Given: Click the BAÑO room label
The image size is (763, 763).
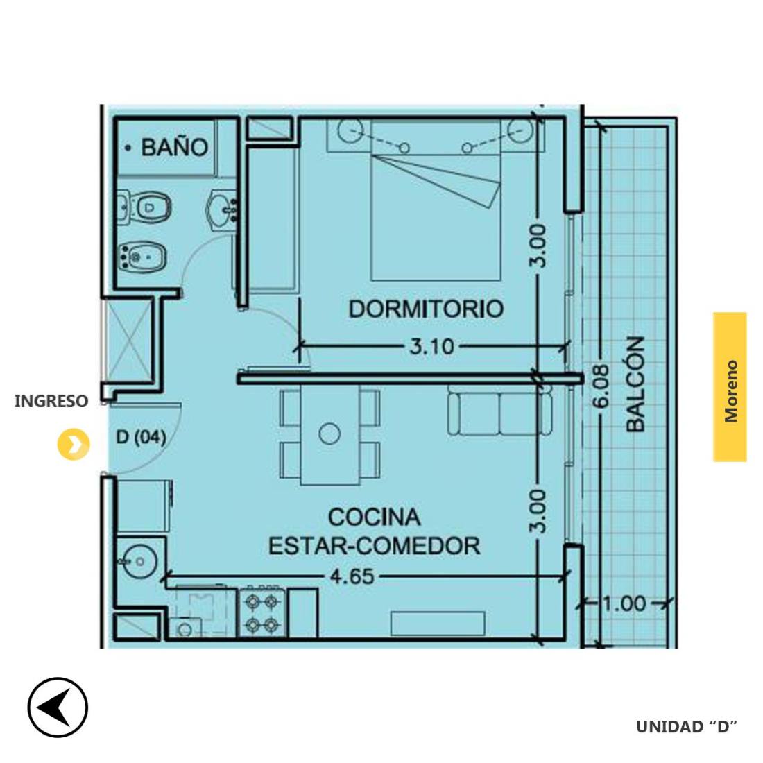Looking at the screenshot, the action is (x=174, y=147).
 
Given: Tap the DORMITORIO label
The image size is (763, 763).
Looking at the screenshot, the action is (x=427, y=309).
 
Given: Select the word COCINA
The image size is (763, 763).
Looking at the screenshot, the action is (x=374, y=517).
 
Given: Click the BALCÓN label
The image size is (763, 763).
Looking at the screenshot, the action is (x=635, y=384).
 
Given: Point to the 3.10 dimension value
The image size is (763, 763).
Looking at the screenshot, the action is (x=431, y=347).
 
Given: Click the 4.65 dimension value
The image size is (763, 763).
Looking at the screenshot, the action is (x=352, y=577).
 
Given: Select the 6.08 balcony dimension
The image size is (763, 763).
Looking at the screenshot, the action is (x=602, y=386).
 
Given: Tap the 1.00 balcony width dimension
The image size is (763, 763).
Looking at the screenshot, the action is (x=625, y=604).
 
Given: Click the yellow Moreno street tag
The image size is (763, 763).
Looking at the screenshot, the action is (x=730, y=387).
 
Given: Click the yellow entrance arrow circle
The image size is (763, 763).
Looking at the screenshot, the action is (x=74, y=444).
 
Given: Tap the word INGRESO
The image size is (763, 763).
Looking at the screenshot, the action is (x=51, y=402).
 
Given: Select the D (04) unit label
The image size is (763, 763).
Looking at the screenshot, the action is (x=141, y=438).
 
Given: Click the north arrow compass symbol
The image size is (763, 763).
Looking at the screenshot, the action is (x=58, y=707).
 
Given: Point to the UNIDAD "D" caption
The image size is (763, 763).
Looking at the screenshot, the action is (x=687, y=726).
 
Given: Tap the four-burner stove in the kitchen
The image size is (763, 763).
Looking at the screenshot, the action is (x=262, y=612).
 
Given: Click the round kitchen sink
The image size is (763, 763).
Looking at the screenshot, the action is (x=139, y=562).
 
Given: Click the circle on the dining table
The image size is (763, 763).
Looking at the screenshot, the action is (x=329, y=434).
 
